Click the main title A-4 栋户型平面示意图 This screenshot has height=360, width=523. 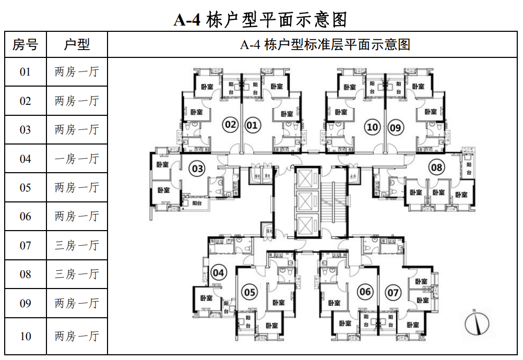coord(260,20)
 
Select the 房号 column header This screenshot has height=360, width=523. coord(25,45)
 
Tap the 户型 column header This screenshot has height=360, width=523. coord(77,45)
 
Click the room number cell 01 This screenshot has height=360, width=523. coord(25,72)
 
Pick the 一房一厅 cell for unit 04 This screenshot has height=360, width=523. coord(77,159)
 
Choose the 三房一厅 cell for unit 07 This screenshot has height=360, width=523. coord(77,245)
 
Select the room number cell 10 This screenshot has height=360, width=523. coord(25,336)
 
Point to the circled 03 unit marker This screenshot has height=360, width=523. coord(197,169)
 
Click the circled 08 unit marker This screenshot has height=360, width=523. coord(436,167)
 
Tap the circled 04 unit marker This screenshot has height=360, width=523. coord(219,272)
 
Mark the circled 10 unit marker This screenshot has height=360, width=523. coord(372,126)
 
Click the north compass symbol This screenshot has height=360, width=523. coord(477,323)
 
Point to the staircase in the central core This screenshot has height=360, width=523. coord(334,201)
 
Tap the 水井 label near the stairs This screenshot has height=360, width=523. coord(353,176)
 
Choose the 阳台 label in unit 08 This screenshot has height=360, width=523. coord(469,168)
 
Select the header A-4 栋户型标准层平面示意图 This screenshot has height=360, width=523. coord(325,45)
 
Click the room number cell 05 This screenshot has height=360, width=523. coord(25,187)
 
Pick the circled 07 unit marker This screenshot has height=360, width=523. coord(393,292)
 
